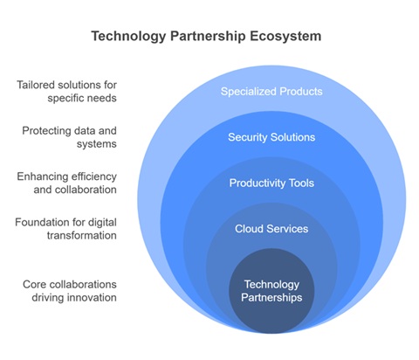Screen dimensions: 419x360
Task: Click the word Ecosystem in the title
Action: [x=285, y=37]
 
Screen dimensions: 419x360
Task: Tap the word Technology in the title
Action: [x=128, y=37]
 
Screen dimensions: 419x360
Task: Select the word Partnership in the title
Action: [x=208, y=37]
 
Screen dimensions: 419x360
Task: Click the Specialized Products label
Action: [x=271, y=92]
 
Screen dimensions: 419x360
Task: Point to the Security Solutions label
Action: [x=271, y=137]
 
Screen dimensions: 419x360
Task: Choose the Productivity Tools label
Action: [x=271, y=183]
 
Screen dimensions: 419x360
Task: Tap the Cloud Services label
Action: [x=271, y=229]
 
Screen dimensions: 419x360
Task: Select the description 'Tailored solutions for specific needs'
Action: [x=66, y=92]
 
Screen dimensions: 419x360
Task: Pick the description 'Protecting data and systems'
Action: [x=69, y=137]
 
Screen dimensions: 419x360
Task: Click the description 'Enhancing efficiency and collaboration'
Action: [x=66, y=183]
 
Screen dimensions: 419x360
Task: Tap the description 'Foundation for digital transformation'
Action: [x=65, y=229]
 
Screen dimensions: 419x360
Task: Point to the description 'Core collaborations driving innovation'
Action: [x=70, y=291]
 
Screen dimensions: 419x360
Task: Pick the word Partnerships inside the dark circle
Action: [x=271, y=297]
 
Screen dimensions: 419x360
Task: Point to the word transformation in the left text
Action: [x=82, y=235]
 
